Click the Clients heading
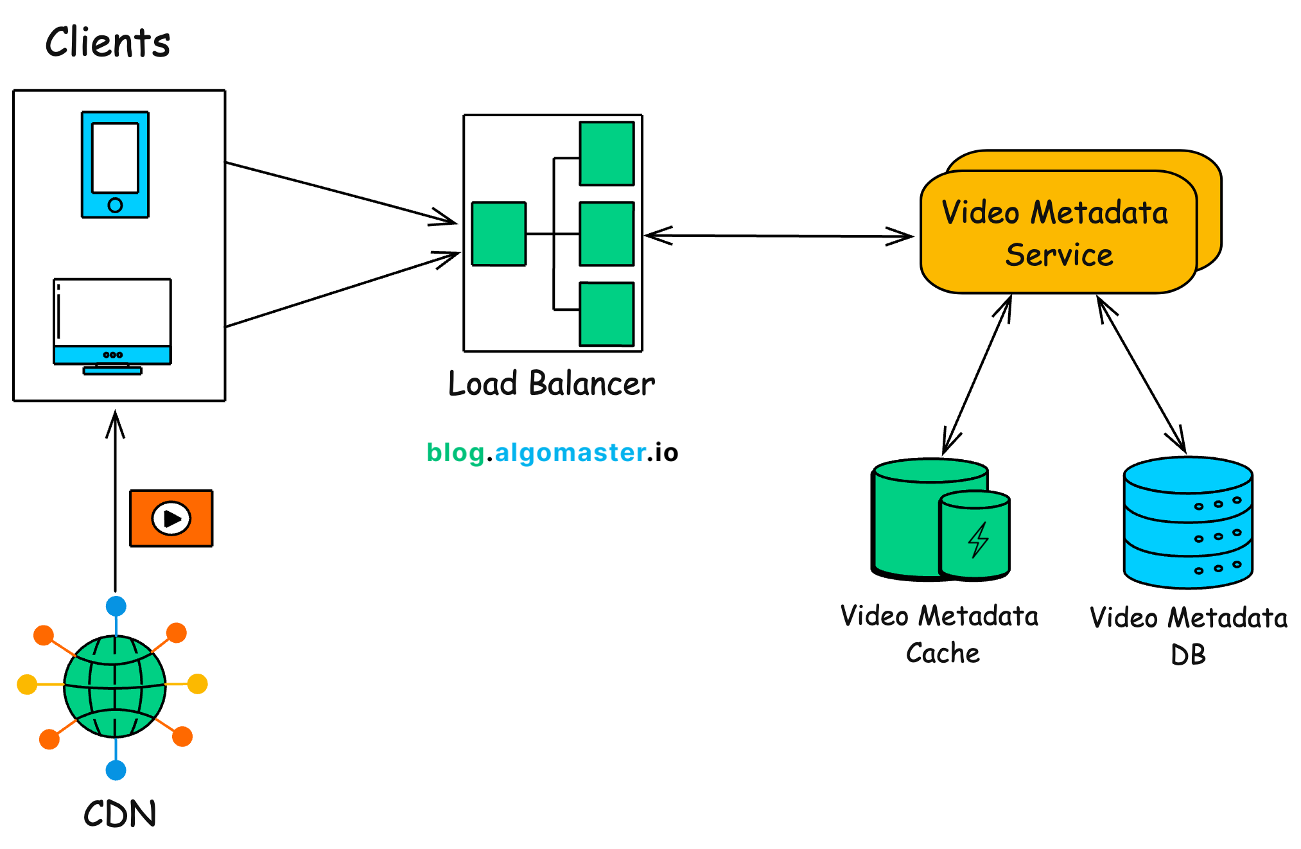point(108,42)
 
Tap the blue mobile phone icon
point(115,164)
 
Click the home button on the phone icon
point(115,205)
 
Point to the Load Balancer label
point(551,383)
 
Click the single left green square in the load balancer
point(498,234)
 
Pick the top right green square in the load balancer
point(606,153)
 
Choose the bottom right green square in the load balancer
point(606,314)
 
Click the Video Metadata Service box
point(1058,232)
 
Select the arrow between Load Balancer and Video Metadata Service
point(778,236)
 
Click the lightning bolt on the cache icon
point(978,539)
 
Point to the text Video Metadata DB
point(1188,636)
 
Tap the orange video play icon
point(171,518)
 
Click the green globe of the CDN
point(115,686)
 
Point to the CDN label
point(119,814)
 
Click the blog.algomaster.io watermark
point(552,453)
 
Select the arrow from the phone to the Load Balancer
point(340,193)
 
